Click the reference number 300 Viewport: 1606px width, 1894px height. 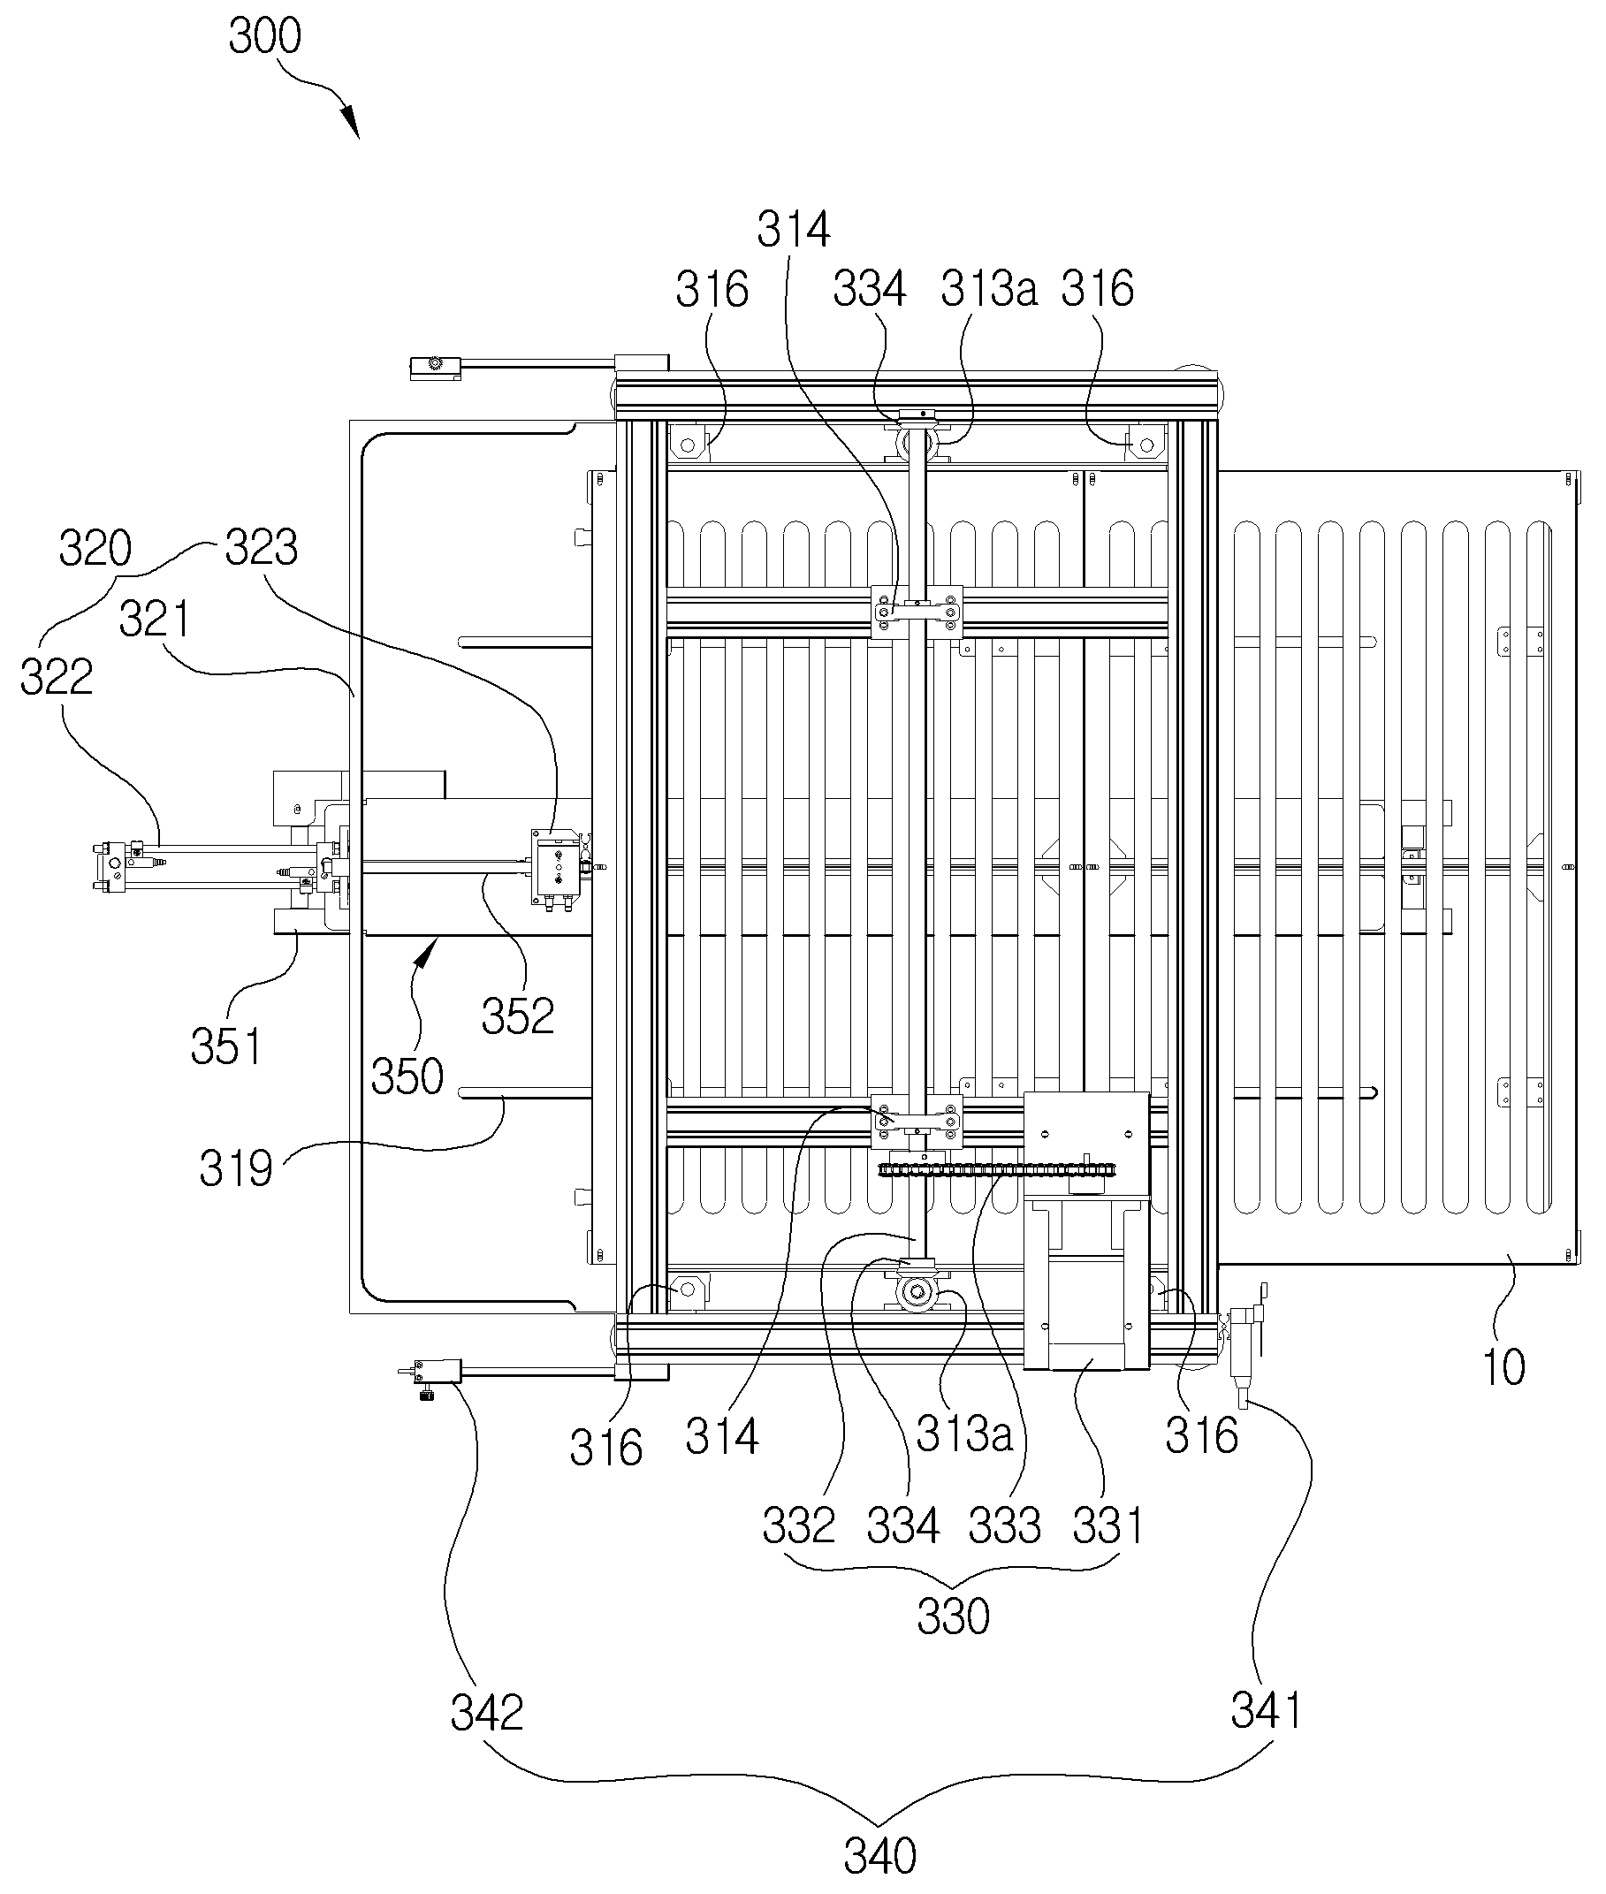coord(264,37)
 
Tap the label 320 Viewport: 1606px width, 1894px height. coord(95,549)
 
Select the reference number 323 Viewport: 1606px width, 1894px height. coord(262,548)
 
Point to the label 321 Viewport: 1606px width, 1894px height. coord(155,620)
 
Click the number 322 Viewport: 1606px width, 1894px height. coord(57,677)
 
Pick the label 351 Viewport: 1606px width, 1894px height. coord(225,1046)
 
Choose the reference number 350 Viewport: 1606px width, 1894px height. coord(407,1076)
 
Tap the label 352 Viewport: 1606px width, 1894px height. coord(518,1016)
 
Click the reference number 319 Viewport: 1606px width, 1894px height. coord(236,1168)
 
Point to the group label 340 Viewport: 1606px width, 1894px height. coord(880,1856)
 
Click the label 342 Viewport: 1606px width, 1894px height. coord(487,1714)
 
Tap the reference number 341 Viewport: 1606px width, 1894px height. coord(1266,1711)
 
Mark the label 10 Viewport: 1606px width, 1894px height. coord(1504,1368)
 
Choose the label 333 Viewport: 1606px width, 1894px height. coord(1004,1526)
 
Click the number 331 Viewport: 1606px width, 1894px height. coord(1107,1526)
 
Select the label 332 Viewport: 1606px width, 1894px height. coord(798,1526)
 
